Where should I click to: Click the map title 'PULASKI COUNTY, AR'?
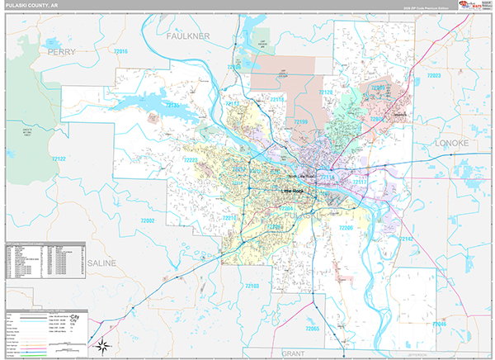[x=29, y=6]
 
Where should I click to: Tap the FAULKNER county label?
[x=189, y=36]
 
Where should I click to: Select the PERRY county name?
[x=62, y=51]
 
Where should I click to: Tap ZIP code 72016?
[x=121, y=51]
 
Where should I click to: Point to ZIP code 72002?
[x=148, y=220]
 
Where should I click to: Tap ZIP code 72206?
[x=346, y=227]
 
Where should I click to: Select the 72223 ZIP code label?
[x=191, y=160]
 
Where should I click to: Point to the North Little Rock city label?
[x=302, y=176]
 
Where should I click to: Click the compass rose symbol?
[x=105, y=344]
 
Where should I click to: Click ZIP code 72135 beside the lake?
[x=174, y=106]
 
